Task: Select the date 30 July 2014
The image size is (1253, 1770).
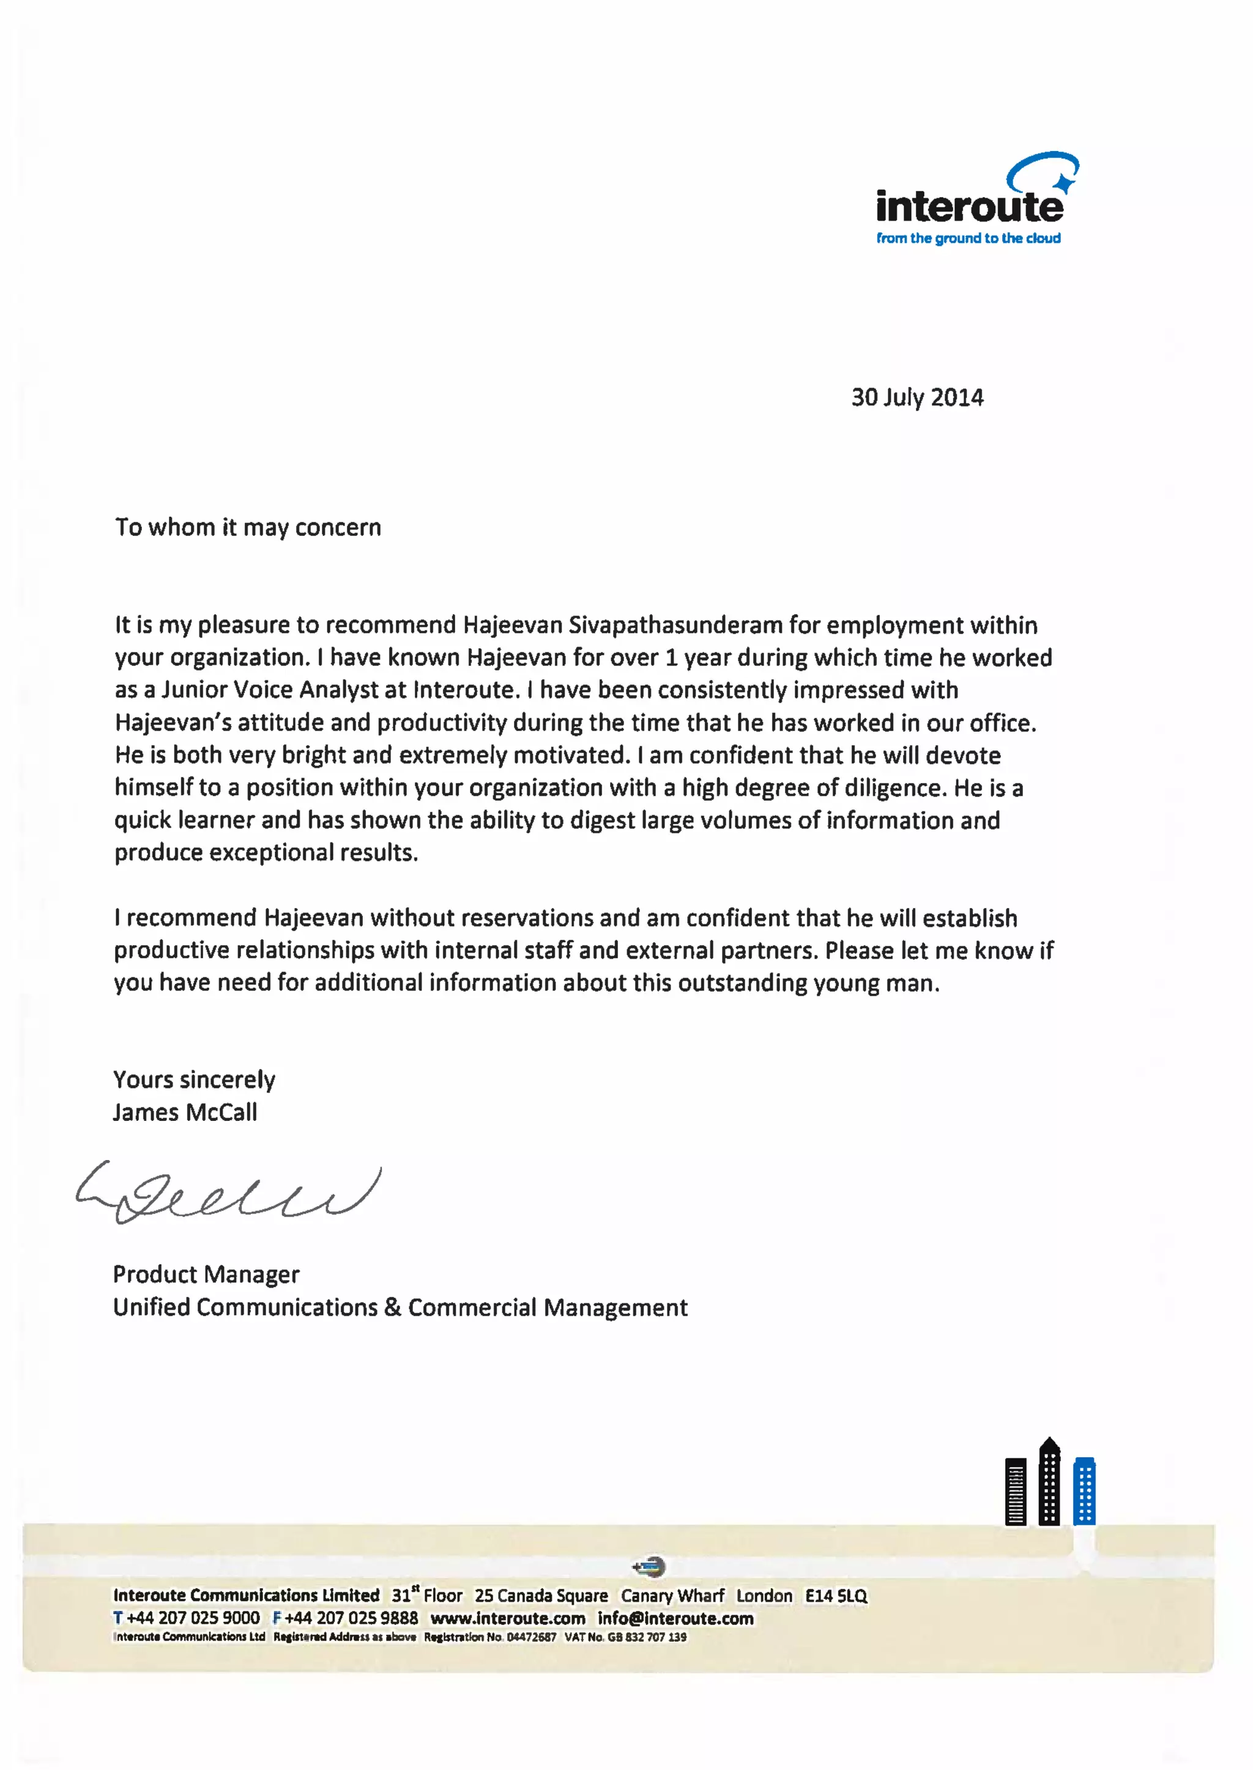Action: tap(917, 397)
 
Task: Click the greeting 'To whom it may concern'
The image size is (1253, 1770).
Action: tap(248, 528)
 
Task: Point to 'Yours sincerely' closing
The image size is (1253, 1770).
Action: tap(194, 1079)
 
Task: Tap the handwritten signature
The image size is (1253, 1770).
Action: tap(228, 1192)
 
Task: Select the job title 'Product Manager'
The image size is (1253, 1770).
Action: tap(206, 1274)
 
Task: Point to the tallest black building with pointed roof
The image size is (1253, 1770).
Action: tap(1049, 1482)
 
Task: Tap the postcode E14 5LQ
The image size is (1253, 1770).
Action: tap(836, 1596)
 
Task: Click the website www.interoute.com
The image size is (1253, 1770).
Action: tap(508, 1618)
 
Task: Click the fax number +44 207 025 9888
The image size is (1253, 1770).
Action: tap(351, 1618)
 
